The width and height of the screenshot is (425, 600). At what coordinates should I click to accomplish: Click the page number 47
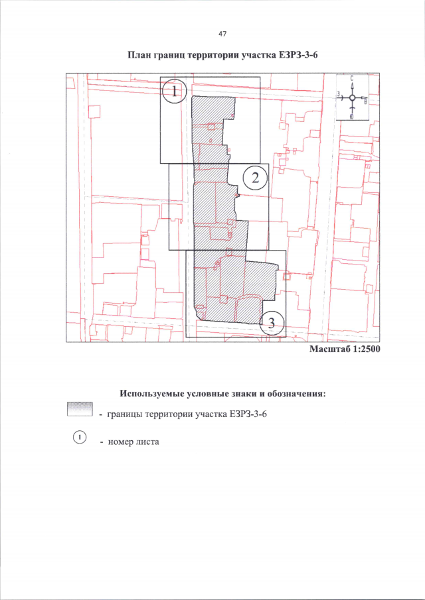[x=222, y=34]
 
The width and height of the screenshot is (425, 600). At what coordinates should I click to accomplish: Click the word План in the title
[x=138, y=56]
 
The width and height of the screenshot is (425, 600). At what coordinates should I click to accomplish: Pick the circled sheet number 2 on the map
[x=255, y=178]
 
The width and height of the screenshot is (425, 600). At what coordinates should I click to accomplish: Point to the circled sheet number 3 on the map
[x=272, y=323]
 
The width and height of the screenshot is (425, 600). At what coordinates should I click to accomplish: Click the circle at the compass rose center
[x=353, y=98]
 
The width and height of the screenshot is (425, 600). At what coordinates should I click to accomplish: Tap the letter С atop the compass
[x=352, y=78]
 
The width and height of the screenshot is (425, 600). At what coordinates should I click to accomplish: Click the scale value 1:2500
[x=363, y=349]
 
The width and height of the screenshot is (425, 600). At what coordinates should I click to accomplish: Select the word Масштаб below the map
[x=327, y=349]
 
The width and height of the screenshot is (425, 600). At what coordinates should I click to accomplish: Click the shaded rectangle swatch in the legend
[x=80, y=409]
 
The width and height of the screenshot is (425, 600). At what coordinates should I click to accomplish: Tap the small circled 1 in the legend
[x=80, y=436]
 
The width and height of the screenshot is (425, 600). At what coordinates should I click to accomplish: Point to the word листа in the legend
[x=145, y=442]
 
